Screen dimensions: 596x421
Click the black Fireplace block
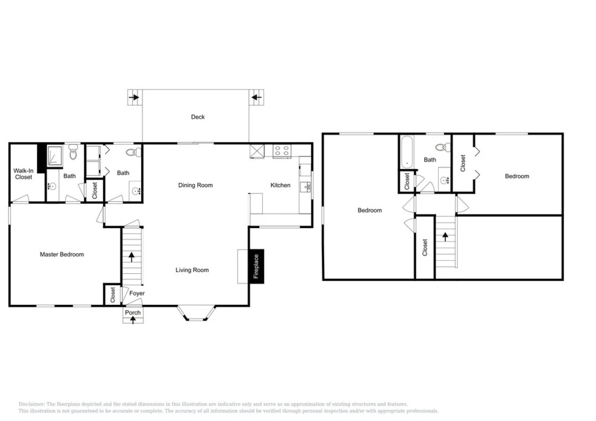pyautogui.click(x=256, y=266)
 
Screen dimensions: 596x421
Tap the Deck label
pyautogui.click(x=198, y=117)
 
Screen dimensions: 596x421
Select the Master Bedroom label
pyautogui.click(x=62, y=255)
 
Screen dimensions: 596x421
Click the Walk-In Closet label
pyautogui.click(x=23, y=174)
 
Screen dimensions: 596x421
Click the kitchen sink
pyautogui.click(x=305, y=187)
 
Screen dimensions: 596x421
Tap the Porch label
pyautogui.click(x=133, y=313)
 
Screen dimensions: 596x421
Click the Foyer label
pyautogui.click(x=137, y=294)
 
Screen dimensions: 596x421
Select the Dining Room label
pyautogui.click(x=195, y=185)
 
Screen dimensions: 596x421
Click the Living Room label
pyautogui.click(x=192, y=270)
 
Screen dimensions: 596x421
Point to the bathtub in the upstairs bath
pyautogui.click(x=406, y=152)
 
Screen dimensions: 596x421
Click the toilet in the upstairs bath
pyautogui.click(x=443, y=147)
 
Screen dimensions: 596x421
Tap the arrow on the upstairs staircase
pyautogui.click(x=445, y=237)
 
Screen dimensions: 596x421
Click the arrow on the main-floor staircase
pyautogui.click(x=131, y=257)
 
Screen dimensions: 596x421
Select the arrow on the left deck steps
pyautogui.click(x=134, y=97)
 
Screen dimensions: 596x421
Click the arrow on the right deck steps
pyautogui.click(x=257, y=97)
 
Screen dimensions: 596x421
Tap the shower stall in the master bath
pyautogui.click(x=55, y=156)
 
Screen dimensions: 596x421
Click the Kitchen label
pyautogui.click(x=280, y=185)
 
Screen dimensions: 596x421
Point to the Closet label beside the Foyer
pyautogui.click(x=113, y=295)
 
